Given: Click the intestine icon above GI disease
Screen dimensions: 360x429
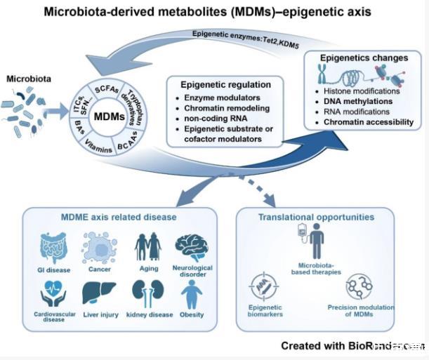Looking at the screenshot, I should (53, 246).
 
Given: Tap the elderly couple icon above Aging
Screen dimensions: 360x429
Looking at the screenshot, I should (147, 246).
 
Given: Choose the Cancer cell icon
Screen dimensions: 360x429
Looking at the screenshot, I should (100, 246).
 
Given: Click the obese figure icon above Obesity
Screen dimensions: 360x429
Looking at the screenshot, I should (191, 293).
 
